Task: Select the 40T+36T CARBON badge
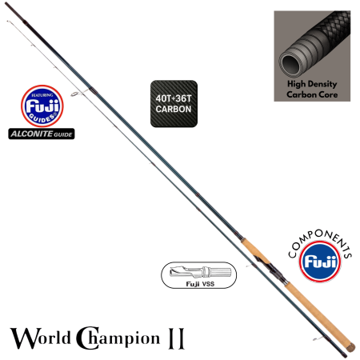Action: click(173, 102)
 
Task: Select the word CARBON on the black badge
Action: click(173, 109)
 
